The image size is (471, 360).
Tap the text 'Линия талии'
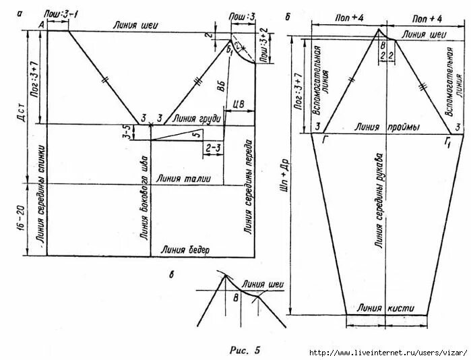[183, 179]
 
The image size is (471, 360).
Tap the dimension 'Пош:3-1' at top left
[57, 14]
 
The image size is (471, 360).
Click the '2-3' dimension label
[214, 146]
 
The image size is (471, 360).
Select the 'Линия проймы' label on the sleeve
[387, 127]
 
